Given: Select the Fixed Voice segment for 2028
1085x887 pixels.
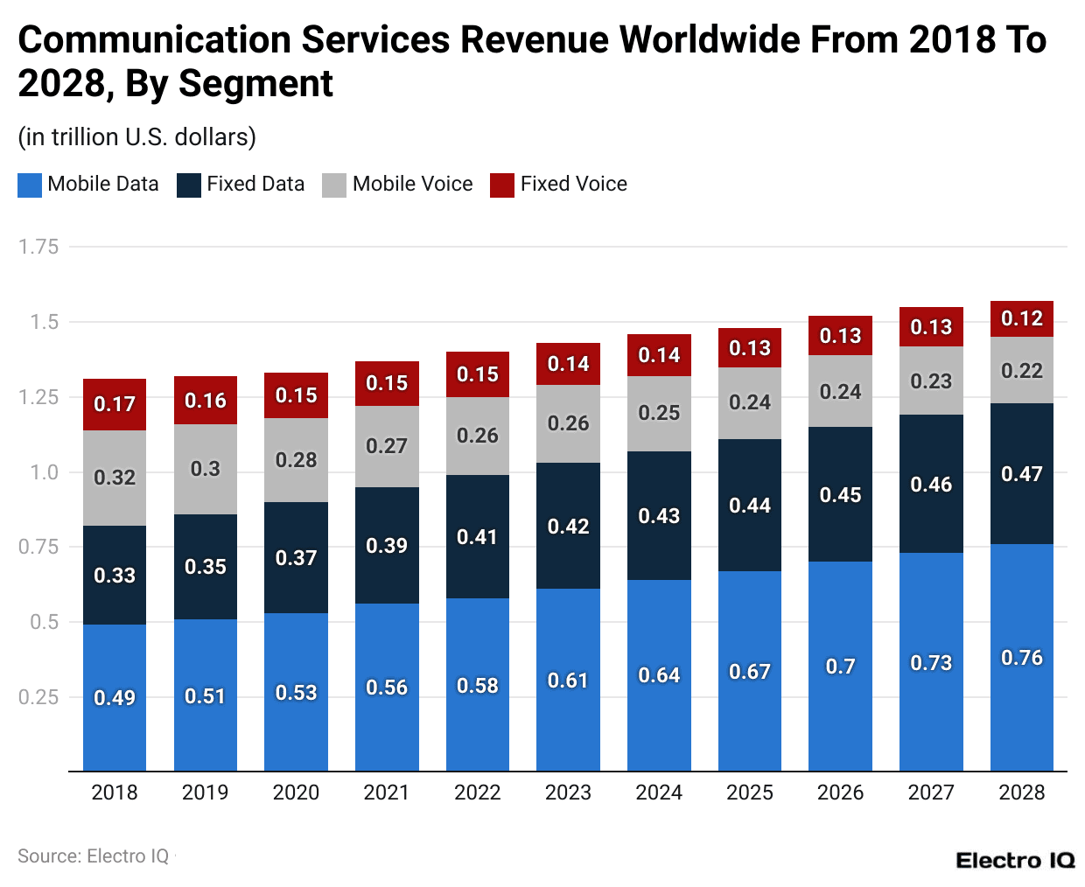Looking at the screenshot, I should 1021,318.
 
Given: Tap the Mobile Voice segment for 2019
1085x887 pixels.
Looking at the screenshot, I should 206,469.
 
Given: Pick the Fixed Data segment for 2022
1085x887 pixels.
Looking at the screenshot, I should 478,536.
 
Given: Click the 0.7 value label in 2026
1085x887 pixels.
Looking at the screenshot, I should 840,667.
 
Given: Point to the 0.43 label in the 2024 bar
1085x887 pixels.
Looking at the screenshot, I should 659,516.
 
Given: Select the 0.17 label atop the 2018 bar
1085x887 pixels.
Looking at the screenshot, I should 115,404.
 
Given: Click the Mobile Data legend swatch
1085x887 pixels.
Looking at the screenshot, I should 30,185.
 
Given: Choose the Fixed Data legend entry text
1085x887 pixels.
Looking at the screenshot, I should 255,184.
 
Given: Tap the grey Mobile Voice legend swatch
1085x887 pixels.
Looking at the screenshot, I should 334,185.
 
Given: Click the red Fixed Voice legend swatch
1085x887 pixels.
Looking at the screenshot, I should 502,185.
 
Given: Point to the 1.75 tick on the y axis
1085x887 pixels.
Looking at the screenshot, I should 38,247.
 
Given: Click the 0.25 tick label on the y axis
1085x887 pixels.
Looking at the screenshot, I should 38,697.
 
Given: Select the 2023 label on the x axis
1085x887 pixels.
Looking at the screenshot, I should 568,793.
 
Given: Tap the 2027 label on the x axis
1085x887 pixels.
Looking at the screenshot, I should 931,793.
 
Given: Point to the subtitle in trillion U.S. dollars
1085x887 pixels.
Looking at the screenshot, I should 137,137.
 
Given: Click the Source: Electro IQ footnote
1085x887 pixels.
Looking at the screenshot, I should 93,856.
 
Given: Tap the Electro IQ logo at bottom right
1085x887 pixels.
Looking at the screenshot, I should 1015,860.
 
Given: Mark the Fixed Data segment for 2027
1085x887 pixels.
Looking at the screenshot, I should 931,484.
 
